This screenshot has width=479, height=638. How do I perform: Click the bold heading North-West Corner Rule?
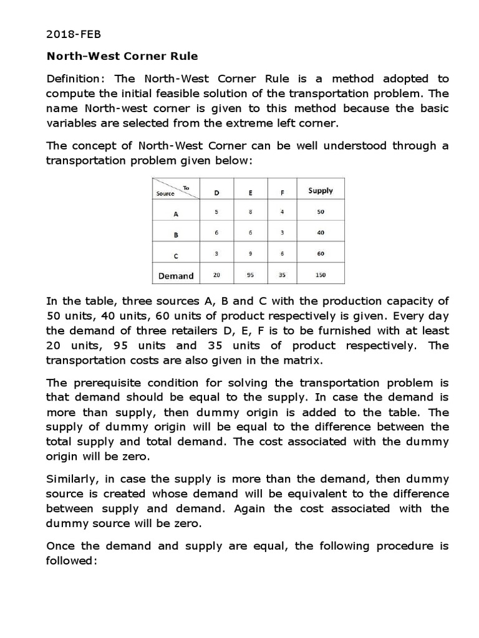click(x=123, y=56)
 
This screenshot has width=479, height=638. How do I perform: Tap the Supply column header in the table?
click(x=321, y=191)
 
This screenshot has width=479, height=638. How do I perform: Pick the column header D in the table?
click(x=216, y=192)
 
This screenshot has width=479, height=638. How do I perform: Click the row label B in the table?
click(x=176, y=236)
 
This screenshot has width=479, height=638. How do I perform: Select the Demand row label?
click(x=176, y=275)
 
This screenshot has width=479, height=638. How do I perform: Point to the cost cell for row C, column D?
click(x=216, y=254)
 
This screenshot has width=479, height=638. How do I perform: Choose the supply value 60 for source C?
click(x=321, y=254)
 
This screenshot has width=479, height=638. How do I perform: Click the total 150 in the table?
click(x=321, y=275)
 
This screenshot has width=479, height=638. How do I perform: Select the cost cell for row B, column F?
click(x=283, y=233)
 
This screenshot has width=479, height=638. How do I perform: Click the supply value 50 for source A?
click(x=321, y=212)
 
